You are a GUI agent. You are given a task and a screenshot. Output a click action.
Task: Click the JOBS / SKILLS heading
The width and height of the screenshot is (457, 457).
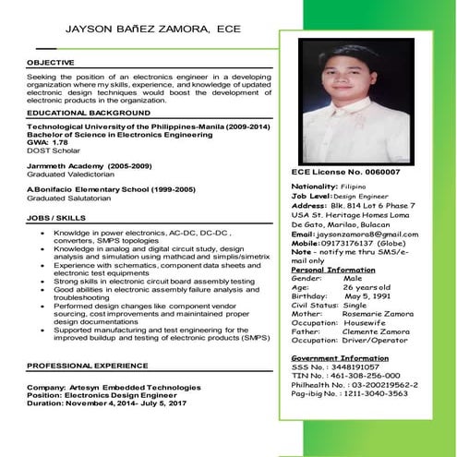click(58, 218)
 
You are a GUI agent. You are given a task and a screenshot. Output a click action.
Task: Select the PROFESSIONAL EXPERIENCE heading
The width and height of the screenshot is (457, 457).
click(87, 366)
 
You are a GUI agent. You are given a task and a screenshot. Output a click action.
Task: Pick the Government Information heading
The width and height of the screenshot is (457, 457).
click(339, 357)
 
